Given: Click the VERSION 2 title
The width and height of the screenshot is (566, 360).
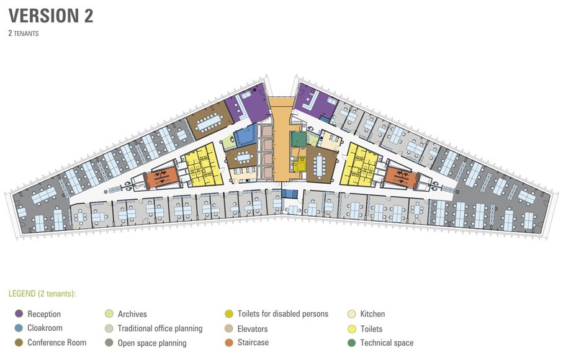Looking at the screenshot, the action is click(x=51, y=16).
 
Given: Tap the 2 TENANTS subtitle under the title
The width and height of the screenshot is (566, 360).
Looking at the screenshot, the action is click(x=24, y=34).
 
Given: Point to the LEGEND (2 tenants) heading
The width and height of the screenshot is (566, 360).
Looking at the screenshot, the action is click(x=42, y=294).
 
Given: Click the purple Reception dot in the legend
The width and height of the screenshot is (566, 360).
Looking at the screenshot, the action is click(x=19, y=313).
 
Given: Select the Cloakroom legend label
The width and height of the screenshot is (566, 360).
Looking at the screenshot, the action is click(x=45, y=328).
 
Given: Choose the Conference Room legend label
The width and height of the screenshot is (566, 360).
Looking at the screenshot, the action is click(x=56, y=342).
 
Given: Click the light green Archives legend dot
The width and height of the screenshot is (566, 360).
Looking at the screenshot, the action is click(x=109, y=313).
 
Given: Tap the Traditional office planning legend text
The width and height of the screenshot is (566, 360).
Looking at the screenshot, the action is click(x=160, y=328).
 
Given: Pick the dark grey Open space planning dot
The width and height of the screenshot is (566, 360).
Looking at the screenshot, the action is click(x=109, y=342).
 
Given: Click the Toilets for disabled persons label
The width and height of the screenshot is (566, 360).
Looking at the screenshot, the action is click(x=282, y=313).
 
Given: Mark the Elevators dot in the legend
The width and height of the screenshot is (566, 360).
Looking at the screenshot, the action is click(x=229, y=328).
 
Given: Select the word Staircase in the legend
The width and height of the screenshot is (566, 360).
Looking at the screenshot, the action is click(x=253, y=342).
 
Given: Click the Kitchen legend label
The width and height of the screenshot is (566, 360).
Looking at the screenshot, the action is click(x=372, y=313).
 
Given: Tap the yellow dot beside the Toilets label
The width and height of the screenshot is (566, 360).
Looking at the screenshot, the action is click(x=352, y=328).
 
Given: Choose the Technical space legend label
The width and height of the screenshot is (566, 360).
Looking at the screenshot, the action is click(x=387, y=343).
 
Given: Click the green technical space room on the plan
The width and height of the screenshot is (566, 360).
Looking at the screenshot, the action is click(x=299, y=139).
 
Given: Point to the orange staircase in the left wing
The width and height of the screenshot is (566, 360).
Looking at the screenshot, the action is click(x=162, y=177).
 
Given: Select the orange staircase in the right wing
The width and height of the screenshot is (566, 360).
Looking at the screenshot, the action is click(x=401, y=178).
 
